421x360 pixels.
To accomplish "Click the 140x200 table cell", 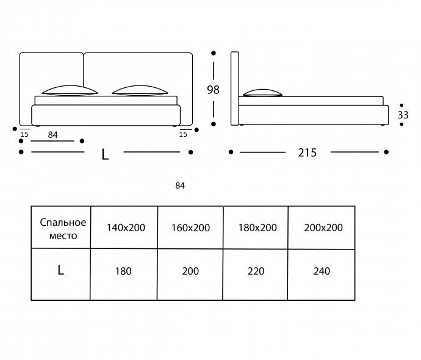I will click(126, 228).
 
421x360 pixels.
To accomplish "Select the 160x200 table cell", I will click(190, 228).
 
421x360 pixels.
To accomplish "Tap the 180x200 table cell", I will click(257, 228).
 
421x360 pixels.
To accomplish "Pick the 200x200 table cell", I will click(323, 228).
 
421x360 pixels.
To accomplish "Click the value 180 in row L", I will click(123, 271).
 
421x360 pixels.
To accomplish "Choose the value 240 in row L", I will click(321, 271).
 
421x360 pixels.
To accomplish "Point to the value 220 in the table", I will click(256, 271).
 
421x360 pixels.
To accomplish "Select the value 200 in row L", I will click(190, 271).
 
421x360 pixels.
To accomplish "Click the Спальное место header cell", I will click(62, 228).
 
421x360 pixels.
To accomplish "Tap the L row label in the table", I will click(60, 271).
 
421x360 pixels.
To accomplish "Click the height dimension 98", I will click(213, 90).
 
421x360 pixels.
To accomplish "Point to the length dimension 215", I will click(308, 153).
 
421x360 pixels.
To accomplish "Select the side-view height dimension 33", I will click(403, 114).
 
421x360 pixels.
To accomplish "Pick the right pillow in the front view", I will click(140, 90).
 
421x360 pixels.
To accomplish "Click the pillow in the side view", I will click(263, 93).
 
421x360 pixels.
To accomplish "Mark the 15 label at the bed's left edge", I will click(24, 134).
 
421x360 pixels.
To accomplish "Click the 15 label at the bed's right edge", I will click(183, 134).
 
